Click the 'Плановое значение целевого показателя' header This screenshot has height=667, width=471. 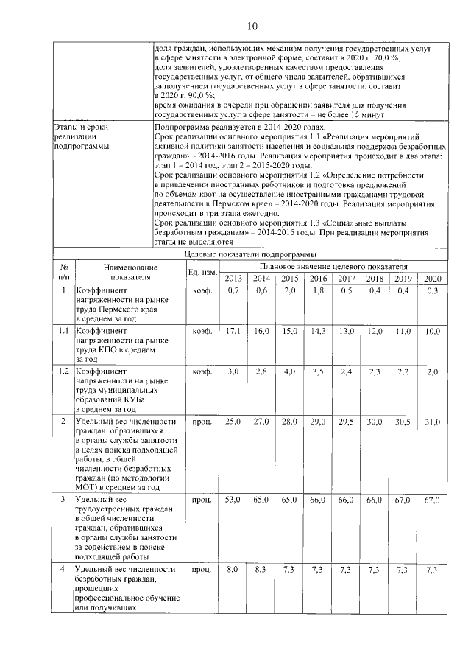(x=332, y=265)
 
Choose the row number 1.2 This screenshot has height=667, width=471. (x=64, y=371)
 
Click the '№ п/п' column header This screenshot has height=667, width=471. (x=64, y=272)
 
